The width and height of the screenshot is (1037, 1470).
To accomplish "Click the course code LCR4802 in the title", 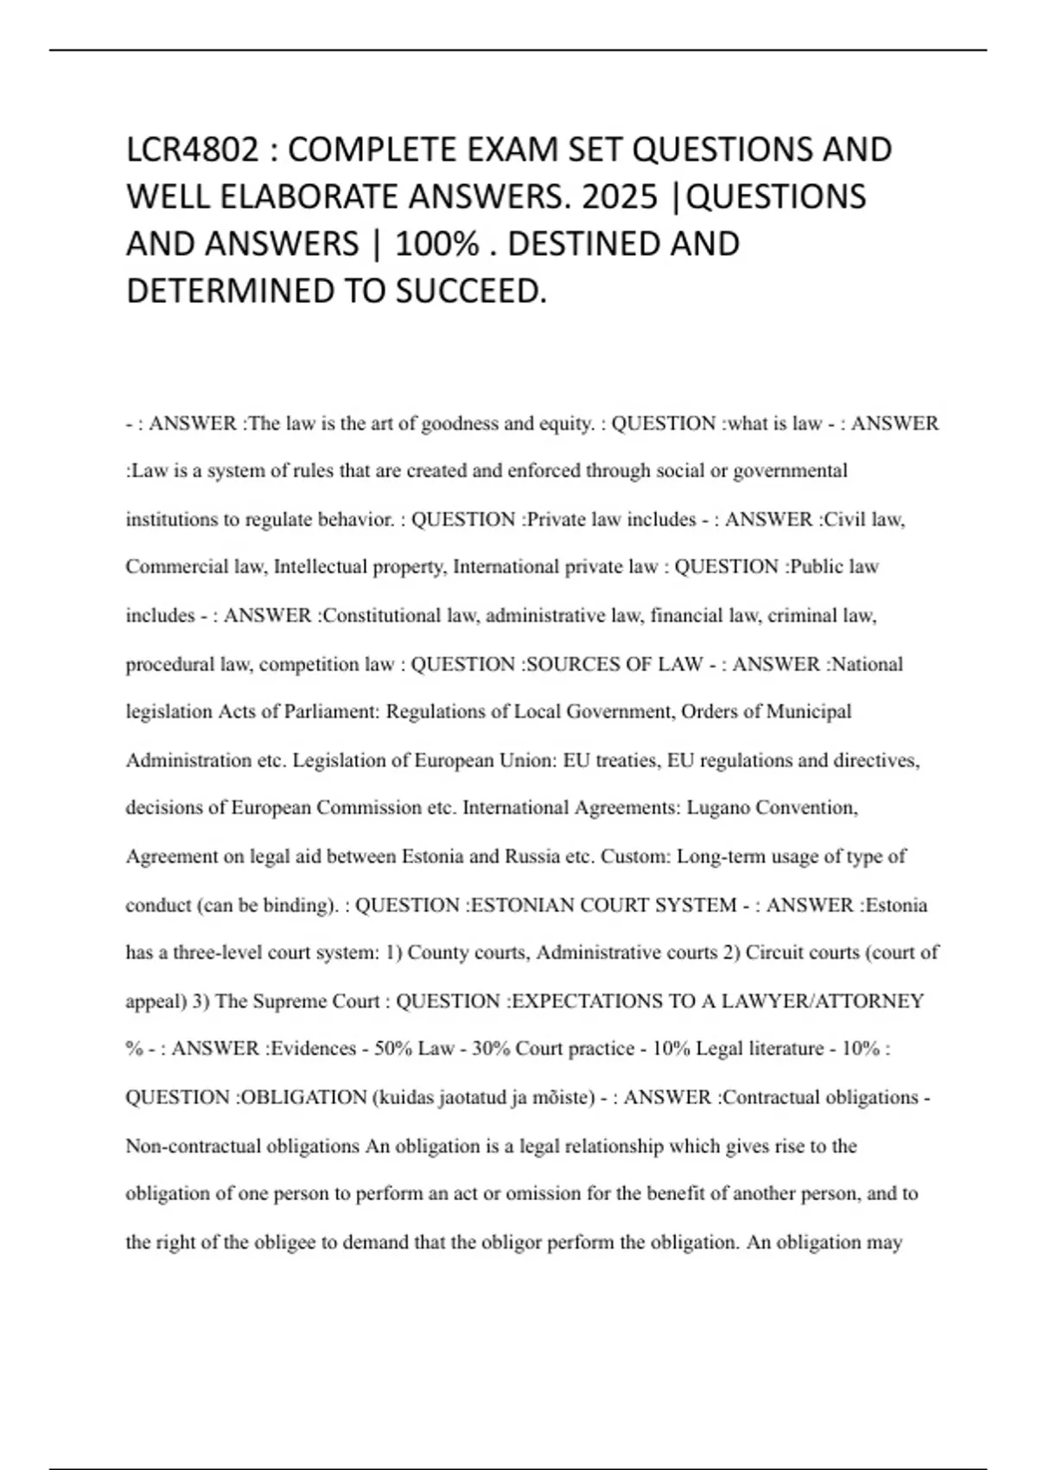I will coord(192,150).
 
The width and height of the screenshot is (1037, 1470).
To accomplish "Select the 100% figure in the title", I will coord(436,244).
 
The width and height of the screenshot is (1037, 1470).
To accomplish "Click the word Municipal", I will coord(809,712).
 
